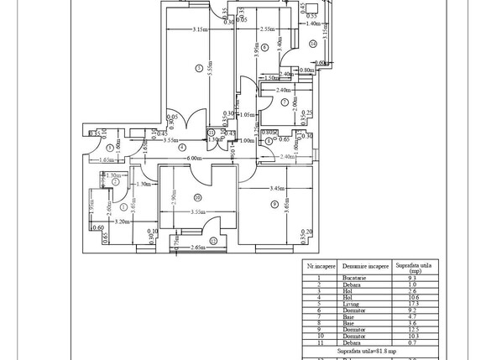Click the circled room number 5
click(x=198, y=68)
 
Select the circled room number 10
click(x=197, y=197)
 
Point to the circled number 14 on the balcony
click(x=312, y=44)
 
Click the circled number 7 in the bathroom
click(x=285, y=102)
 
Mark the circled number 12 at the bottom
click(x=212, y=241)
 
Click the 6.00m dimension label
click(x=195, y=158)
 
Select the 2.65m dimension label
click(x=198, y=248)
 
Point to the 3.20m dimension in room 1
click(x=121, y=222)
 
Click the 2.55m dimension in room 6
click(x=269, y=30)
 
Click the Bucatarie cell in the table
click(x=357, y=278)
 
